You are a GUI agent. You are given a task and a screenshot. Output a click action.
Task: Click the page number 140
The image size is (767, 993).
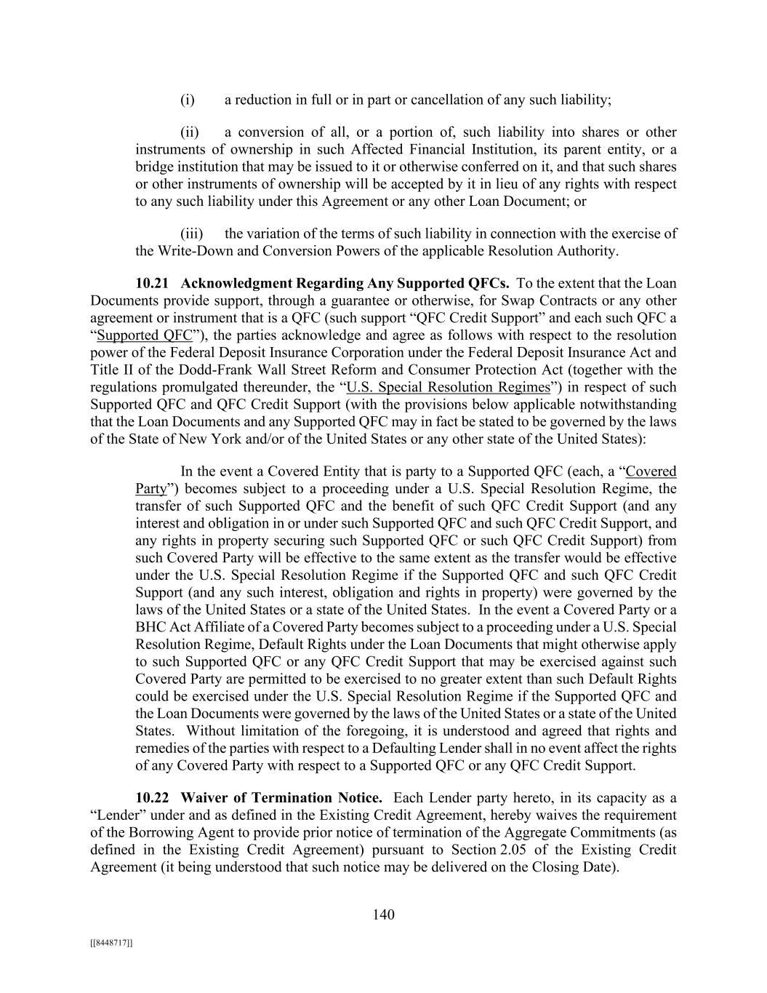point(383,914)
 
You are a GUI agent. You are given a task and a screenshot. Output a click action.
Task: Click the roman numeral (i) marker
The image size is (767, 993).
point(188,100)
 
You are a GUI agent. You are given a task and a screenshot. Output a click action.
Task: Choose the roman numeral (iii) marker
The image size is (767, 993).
point(191,234)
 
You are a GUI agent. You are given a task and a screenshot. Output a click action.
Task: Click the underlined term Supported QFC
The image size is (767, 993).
point(144,335)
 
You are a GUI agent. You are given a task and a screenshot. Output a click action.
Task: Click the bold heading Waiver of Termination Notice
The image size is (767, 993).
point(281,797)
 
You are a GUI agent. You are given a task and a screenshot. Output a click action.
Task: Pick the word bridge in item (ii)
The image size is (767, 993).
point(153,167)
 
